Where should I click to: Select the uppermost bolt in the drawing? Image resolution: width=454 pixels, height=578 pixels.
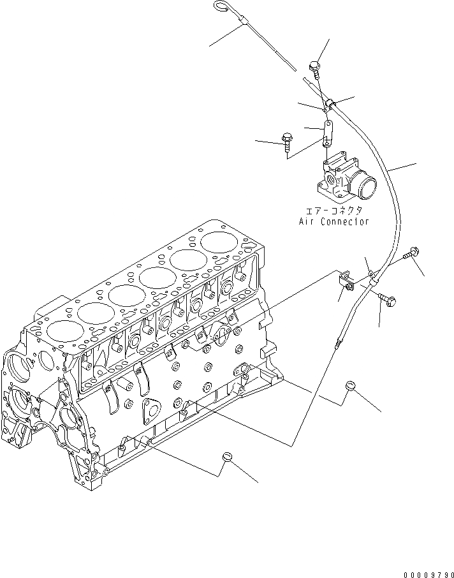315,66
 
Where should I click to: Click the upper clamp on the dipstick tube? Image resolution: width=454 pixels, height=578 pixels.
330,103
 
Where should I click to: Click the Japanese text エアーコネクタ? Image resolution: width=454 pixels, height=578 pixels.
333,210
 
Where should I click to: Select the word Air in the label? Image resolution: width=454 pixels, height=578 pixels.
308,221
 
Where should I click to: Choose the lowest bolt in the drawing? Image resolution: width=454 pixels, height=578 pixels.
387,298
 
